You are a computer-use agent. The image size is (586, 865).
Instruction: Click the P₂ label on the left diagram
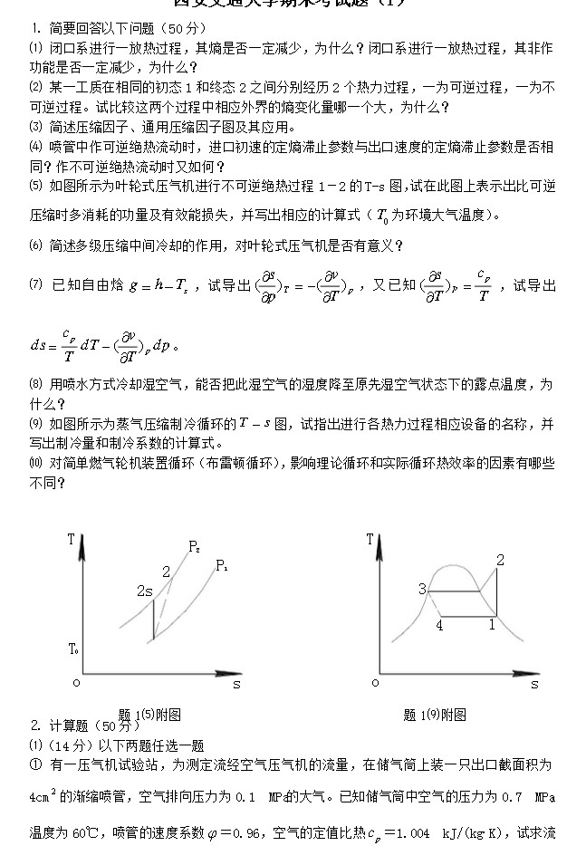point(195,546)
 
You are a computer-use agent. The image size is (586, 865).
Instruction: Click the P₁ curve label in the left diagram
point(222,565)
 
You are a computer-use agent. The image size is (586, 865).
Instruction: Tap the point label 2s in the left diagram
point(144,591)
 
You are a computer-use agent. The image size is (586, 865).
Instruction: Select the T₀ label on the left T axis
point(73,649)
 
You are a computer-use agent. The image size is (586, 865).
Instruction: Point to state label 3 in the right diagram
point(422,590)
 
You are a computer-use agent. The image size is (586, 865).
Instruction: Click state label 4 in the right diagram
point(439,625)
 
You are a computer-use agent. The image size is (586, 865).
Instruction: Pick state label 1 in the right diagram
point(493,623)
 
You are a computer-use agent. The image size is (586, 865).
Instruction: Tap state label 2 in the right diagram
point(500,561)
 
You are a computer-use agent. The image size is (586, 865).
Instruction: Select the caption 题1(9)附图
point(435,715)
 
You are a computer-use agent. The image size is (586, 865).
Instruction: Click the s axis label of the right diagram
point(534,685)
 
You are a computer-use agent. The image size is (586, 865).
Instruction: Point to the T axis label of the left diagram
point(71,540)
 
